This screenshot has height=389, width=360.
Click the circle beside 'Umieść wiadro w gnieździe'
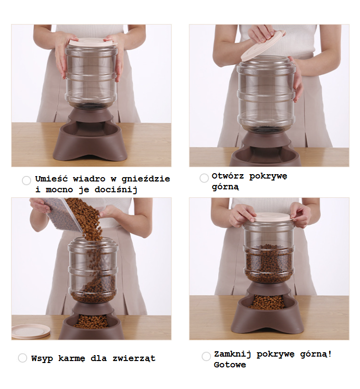[26, 181]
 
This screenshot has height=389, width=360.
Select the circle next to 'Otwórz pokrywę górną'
[204, 178]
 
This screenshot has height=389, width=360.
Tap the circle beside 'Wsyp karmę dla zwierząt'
[23, 358]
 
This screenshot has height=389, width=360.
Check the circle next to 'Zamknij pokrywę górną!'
[206, 356]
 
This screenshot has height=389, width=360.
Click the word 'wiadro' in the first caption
[89, 179]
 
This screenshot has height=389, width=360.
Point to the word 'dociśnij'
[116, 190]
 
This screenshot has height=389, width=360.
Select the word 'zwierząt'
[134, 359]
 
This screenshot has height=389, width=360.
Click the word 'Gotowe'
[230, 364]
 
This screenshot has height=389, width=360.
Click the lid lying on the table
[31, 331]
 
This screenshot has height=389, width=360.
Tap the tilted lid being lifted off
[262, 46]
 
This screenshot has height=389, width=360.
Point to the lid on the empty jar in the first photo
[92, 42]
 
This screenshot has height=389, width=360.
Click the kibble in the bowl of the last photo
[267, 302]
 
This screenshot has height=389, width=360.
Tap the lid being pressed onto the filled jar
[273, 217]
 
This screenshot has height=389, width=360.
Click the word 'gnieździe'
[146, 179]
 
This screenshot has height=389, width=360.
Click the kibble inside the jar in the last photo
[269, 263]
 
